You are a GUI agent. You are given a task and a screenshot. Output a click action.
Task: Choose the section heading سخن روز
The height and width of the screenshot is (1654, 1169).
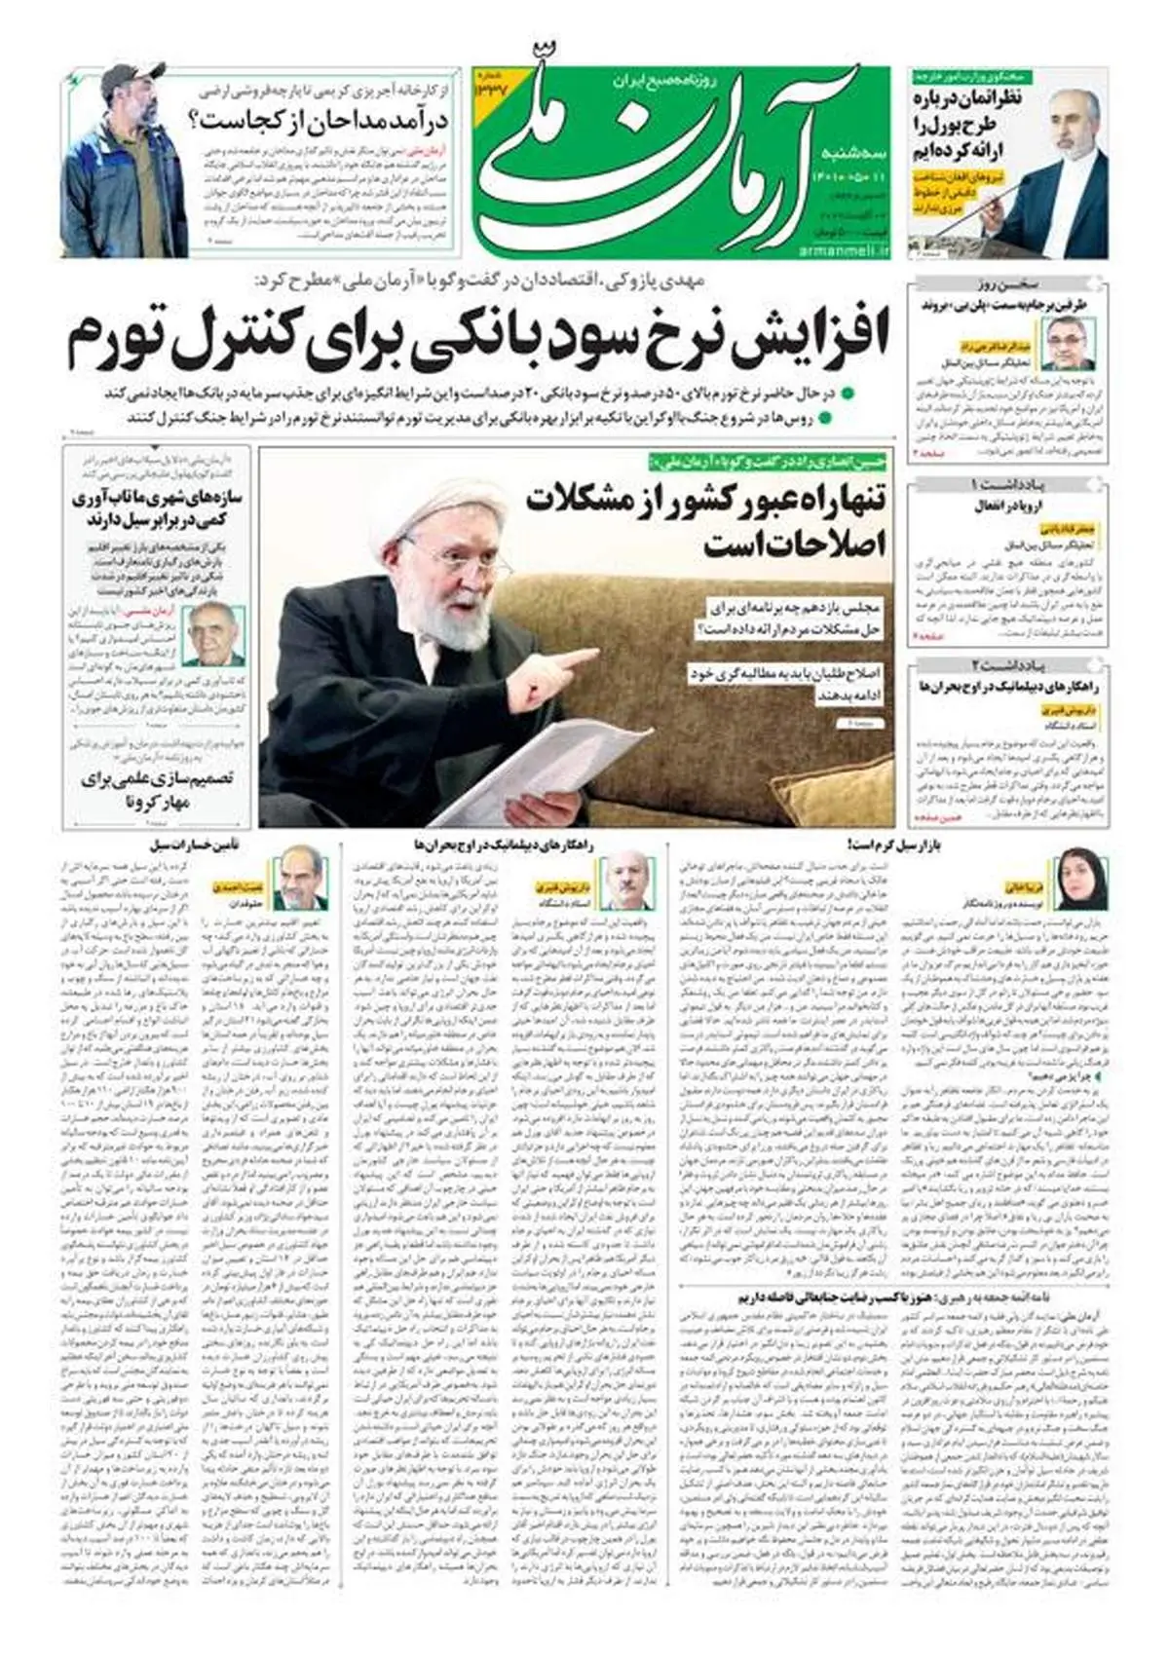(1007, 283)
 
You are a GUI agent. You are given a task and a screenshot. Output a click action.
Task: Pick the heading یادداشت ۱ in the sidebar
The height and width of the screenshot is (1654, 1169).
(1007, 484)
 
